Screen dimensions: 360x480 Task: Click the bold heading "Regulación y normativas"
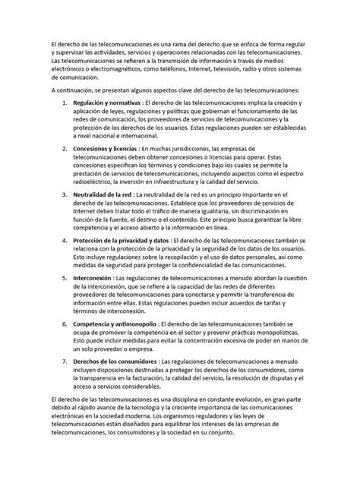[x=114, y=102]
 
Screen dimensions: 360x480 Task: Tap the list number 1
[x=71, y=102]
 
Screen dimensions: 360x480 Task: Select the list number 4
[x=71, y=241]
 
